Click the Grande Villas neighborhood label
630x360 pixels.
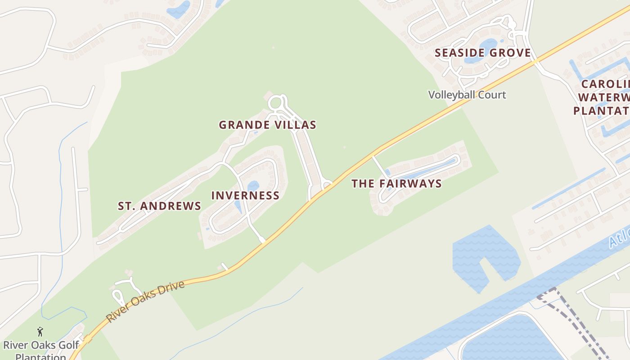click(267, 125)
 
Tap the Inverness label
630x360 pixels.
click(245, 195)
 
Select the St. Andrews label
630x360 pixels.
click(159, 206)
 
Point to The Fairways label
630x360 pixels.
click(396, 183)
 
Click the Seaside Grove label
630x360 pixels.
click(482, 53)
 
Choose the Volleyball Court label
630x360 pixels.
click(467, 95)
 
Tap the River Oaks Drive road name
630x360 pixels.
click(145, 301)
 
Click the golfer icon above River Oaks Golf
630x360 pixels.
click(40, 332)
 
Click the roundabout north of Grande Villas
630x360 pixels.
click(277, 103)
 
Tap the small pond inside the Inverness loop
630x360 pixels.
click(253, 185)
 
